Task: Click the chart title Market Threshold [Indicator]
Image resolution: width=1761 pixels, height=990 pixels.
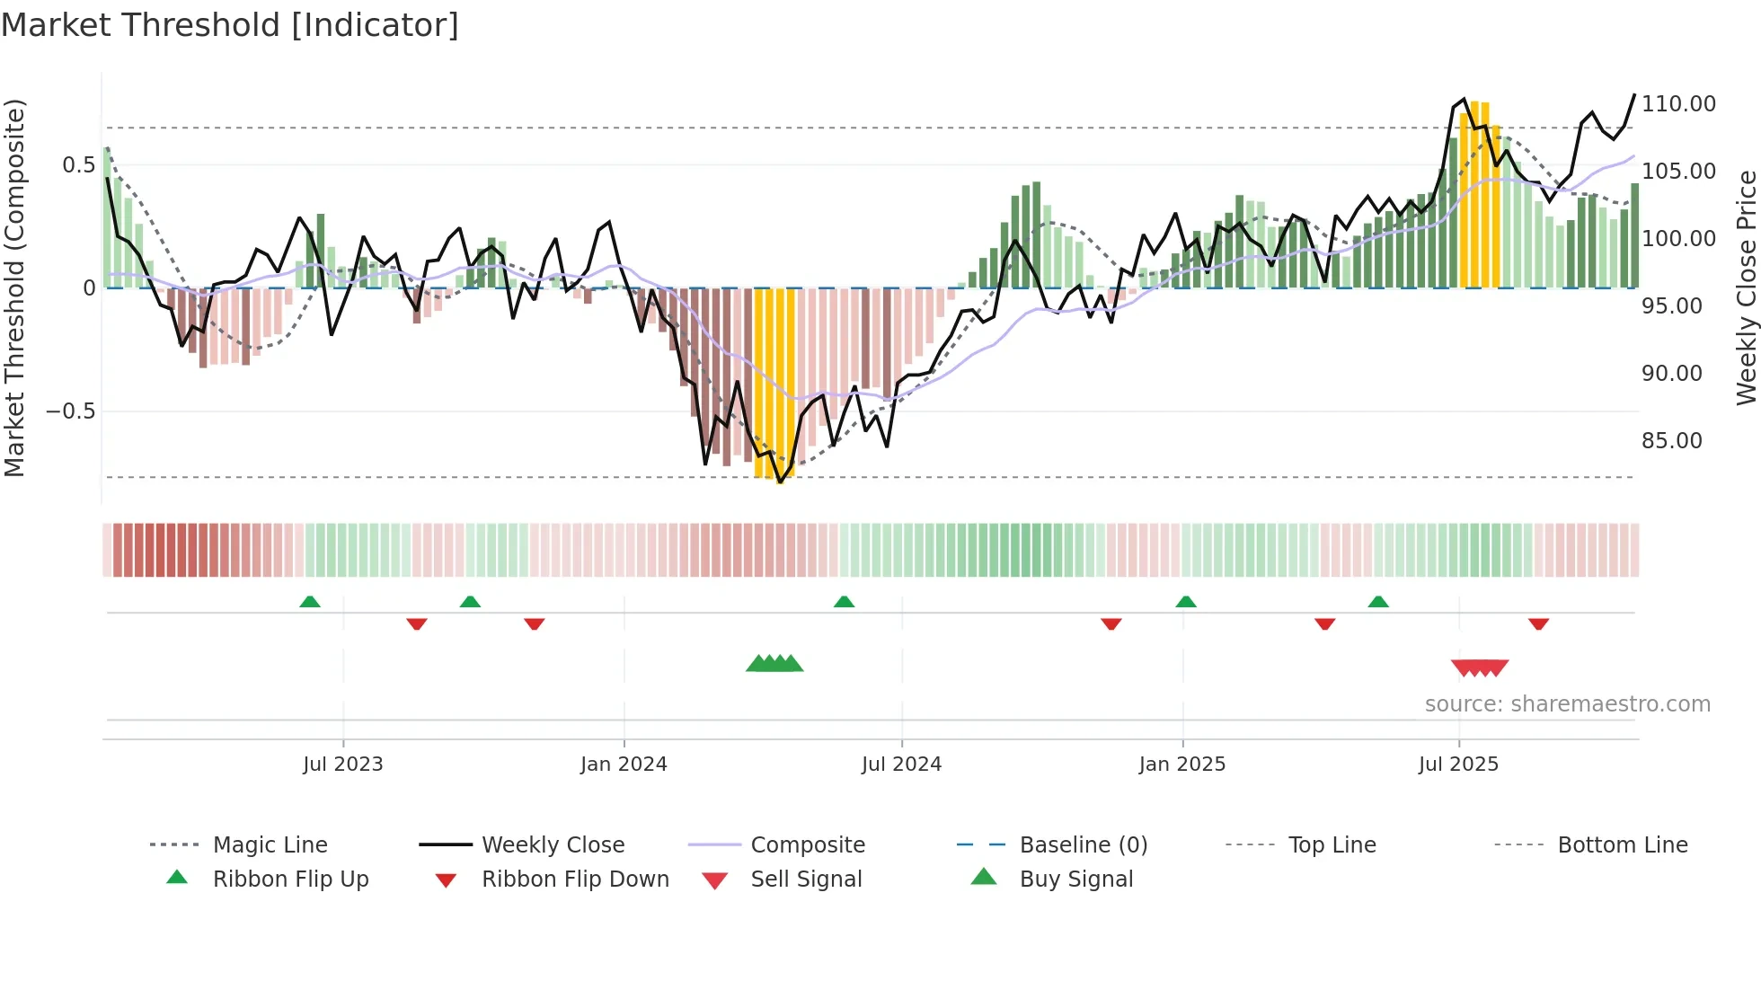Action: tap(230, 25)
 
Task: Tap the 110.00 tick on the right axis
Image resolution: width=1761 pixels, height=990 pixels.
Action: tap(1677, 104)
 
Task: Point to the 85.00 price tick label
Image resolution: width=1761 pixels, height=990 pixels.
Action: tap(1671, 441)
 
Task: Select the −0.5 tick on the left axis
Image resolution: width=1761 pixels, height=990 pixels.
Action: tap(70, 411)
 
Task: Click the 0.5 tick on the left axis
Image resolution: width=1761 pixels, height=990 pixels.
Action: tap(78, 165)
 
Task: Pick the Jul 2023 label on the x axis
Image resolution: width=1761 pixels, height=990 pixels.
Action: tap(342, 765)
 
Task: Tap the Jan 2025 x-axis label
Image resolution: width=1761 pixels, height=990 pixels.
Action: tap(1181, 765)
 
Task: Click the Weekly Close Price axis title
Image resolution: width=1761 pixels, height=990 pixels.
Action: tap(1746, 287)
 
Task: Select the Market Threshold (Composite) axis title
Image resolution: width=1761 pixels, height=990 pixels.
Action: tap(14, 287)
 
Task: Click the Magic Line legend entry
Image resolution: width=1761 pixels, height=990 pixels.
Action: tap(270, 845)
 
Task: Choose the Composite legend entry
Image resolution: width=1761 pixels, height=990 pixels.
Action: tap(807, 845)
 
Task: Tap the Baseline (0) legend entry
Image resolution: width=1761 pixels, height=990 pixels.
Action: tap(1083, 845)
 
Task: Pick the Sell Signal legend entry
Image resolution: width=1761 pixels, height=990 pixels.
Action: tap(805, 880)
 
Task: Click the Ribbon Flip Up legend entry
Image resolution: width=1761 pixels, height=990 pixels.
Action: tap(290, 880)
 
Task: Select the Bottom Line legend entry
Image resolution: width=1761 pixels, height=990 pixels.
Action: tap(1622, 845)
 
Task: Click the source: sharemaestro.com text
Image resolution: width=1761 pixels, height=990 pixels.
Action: tap(1567, 704)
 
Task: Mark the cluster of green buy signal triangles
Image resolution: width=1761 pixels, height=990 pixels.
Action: tap(774, 664)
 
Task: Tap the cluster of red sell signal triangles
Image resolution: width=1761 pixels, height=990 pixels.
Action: tap(1479, 667)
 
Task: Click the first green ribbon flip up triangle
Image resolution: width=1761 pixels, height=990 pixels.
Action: tap(310, 601)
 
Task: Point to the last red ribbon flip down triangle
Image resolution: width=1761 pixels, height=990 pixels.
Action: tap(1538, 623)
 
